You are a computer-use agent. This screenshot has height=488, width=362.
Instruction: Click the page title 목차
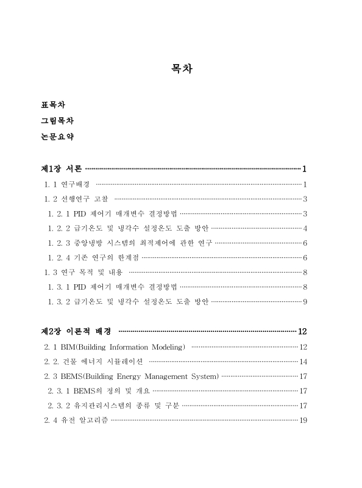click(x=181, y=70)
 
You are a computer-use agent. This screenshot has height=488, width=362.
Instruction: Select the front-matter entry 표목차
click(x=53, y=105)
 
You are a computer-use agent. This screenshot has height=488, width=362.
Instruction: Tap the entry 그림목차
click(x=57, y=121)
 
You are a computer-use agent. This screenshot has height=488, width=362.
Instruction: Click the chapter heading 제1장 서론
click(x=61, y=168)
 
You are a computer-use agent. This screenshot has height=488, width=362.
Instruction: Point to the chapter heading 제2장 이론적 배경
click(x=76, y=331)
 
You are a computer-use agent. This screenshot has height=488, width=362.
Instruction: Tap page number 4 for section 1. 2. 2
click(x=304, y=229)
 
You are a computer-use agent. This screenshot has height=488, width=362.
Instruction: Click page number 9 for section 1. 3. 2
click(x=304, y=301)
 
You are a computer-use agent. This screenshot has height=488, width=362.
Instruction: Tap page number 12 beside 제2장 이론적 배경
click(x=303, y=332)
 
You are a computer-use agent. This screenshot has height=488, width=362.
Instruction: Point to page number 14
click(x=303, y=362)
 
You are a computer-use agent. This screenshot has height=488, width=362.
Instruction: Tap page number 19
click(x=303, y=420)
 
